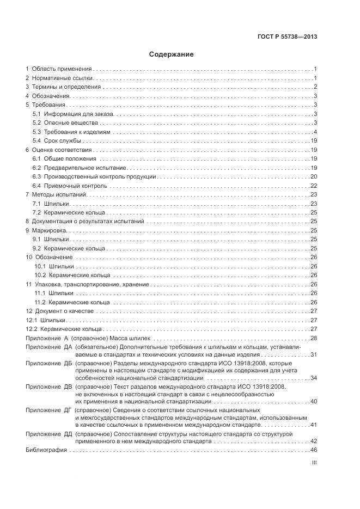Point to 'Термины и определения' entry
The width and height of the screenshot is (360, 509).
pos(66,87)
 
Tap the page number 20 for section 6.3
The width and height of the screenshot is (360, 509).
pos(314,176)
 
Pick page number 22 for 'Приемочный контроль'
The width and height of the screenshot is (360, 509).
pos(314,185)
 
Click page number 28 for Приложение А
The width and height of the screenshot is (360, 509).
pos(314,339)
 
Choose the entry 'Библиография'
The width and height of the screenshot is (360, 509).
pos(46,450)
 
